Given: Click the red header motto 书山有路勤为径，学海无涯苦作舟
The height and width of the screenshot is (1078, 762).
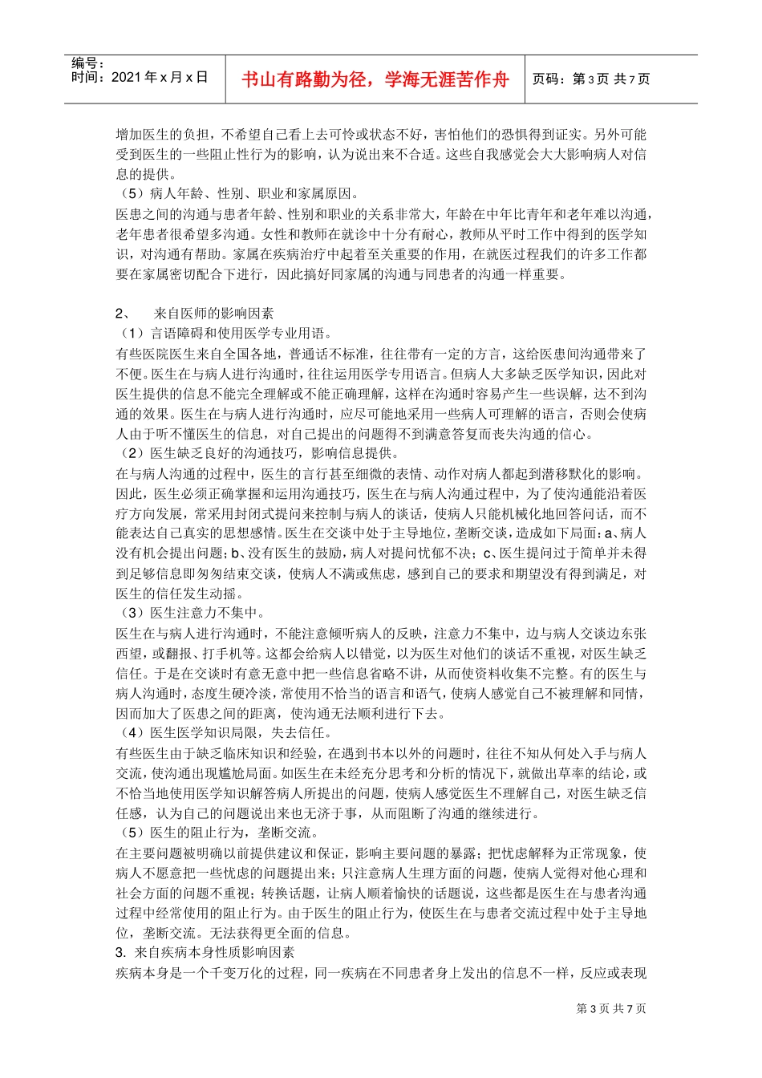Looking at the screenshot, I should [x=375, y=79].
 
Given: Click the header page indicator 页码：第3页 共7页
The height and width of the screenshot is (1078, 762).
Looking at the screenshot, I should [x=591, y=79].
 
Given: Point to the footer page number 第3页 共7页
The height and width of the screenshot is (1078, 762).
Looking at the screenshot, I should [x=611, y=1009].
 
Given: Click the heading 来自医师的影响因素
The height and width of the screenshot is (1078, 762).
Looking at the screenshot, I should [x=213, y=314].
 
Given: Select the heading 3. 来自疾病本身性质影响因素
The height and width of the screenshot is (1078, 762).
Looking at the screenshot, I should [x=205, y=953].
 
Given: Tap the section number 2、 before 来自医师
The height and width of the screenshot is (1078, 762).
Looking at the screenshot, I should [x=124, y=314].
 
